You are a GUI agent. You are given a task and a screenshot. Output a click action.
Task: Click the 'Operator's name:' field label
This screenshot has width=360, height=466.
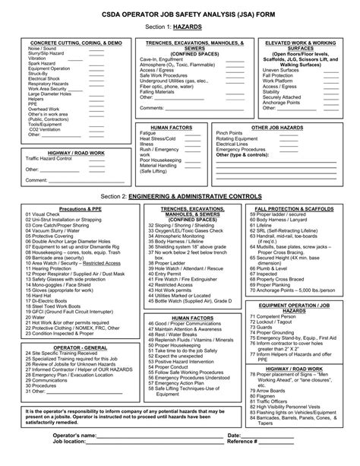(75, 435)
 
